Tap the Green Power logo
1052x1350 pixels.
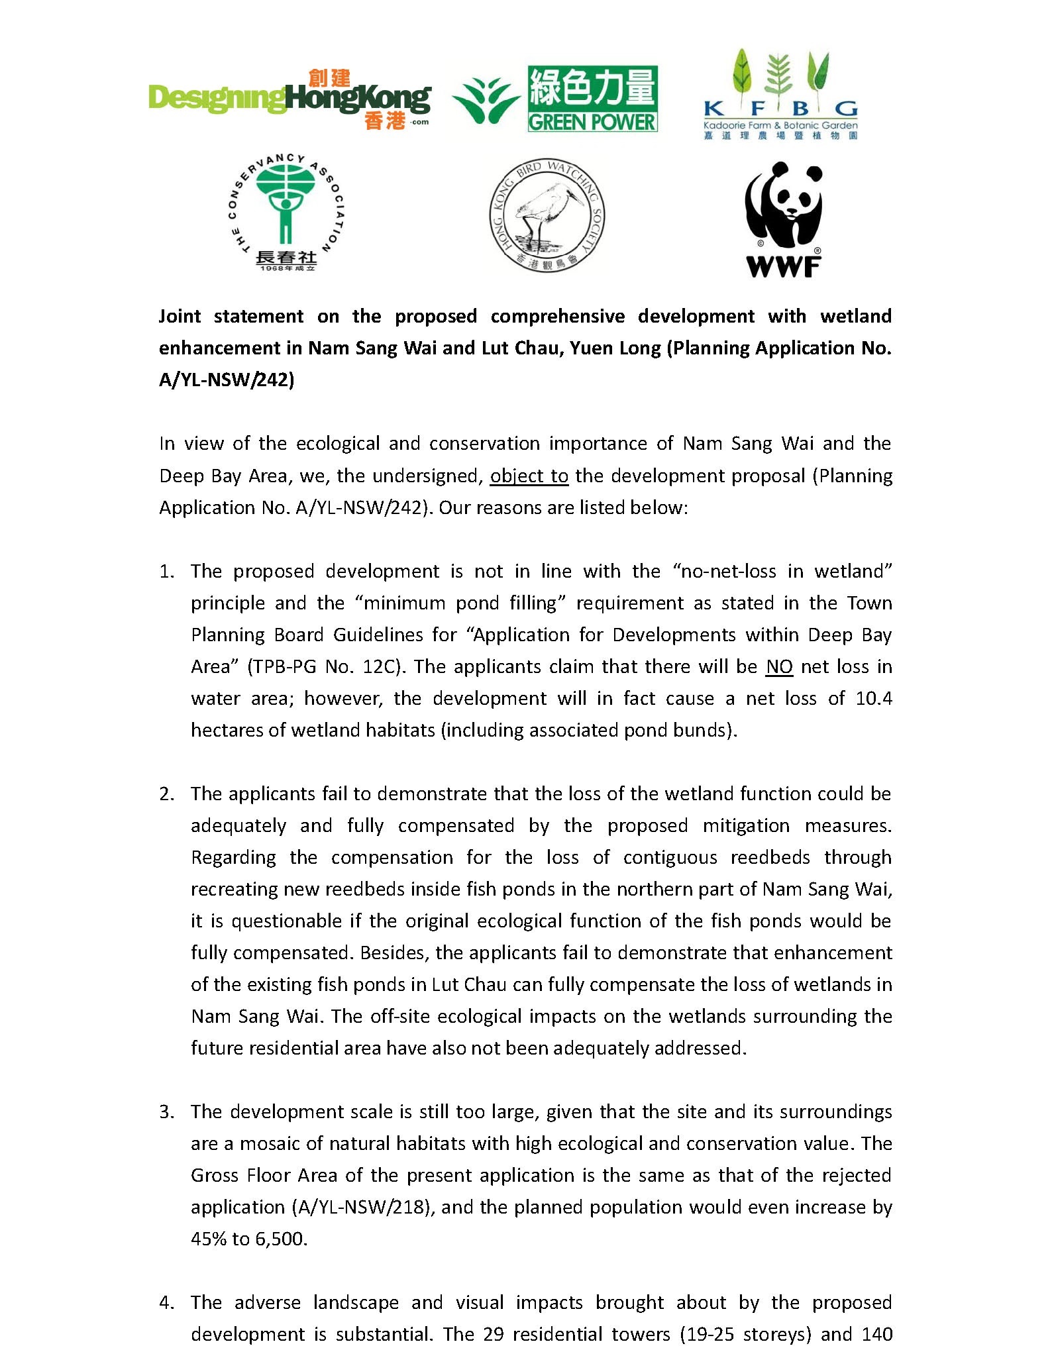click(x=555, y=98)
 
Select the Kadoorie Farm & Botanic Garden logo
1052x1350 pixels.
click(x=780, y=94)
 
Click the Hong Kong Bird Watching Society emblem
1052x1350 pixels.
click(x=547, y=215)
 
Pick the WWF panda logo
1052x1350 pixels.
click(x=783, y=219)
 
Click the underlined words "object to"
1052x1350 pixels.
click(x=529, y=476)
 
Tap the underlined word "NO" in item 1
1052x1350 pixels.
click(x=779, y=667)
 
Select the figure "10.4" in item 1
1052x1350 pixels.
click(x=874, y=699)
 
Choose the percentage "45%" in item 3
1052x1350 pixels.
click(x=209, y=1239)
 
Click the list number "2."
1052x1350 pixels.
click(x=167, y=794)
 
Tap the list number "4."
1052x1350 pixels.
click(x=167, y=1303)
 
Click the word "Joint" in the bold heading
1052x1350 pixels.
click(x=180, y=317)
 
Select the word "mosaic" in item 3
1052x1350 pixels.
click(x=266, y=1144)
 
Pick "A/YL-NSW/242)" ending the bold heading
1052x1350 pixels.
click(x=227, y=380)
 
